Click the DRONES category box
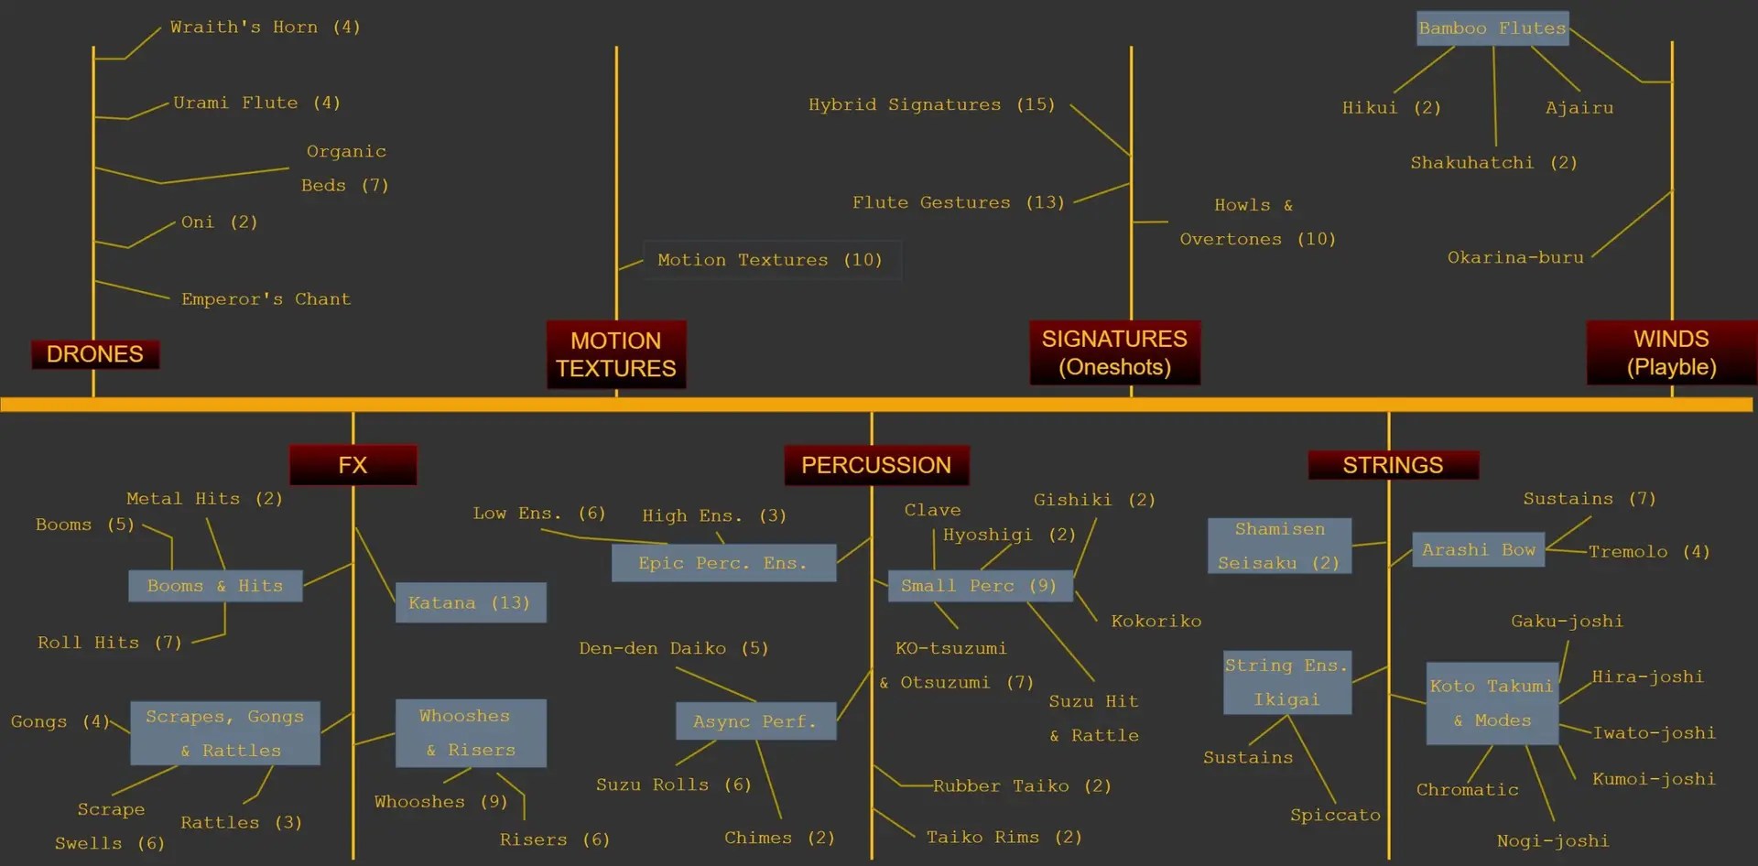coord(95,354)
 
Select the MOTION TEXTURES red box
coord(616,354)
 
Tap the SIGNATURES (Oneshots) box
coord(1114,352)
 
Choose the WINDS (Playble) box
coord(1671,352)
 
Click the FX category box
coord(353,465)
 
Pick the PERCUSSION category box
coord(876,465)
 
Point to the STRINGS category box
coord(1393,465)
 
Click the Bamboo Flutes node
coord(1492,28)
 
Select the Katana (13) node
coord(471,602)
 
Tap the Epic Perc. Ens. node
coord(723,563)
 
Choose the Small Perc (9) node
coord(980,586)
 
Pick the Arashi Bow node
coord(1478,550)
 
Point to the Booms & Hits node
coord(215,586)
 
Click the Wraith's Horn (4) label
coord(266,27)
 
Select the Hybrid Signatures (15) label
coord(931,104)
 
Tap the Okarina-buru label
coord(1515,257)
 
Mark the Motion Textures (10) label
coord(770,260)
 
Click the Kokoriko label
coord(1156,622)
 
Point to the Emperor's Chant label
coord(266,299)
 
